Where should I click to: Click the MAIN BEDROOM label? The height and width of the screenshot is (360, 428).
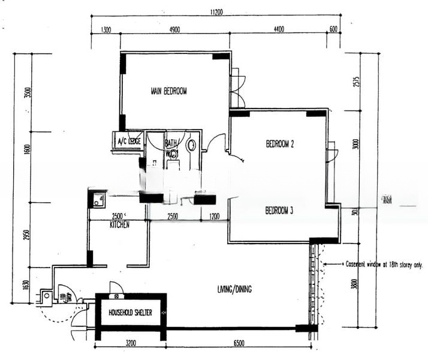pos(168,91)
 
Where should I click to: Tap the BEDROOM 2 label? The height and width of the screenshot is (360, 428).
pos(279,144)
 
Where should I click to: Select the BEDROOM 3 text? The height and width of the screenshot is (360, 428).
pos(279,211)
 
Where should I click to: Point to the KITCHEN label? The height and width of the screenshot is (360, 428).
pos(119,224)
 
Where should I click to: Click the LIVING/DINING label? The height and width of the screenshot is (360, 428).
pos(234,290)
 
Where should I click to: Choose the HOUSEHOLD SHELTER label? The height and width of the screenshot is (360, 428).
pos(130,313)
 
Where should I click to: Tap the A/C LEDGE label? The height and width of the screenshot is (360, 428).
pos(129,142)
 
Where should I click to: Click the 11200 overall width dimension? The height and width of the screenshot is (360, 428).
pos(216,11)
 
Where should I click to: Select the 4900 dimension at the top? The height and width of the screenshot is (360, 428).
pos(174,29)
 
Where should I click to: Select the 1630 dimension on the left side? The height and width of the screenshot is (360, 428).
pos(26,285)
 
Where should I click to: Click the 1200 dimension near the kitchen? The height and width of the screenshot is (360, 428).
pos(214,216)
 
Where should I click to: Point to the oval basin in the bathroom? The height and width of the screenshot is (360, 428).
pos(191,145)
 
